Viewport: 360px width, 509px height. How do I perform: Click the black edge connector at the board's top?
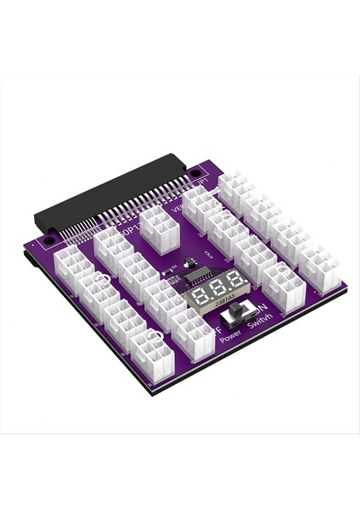click(110, 199)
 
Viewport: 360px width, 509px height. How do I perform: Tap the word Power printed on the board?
click(229, 337)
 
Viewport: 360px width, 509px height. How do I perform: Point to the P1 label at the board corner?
click(202, 181)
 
